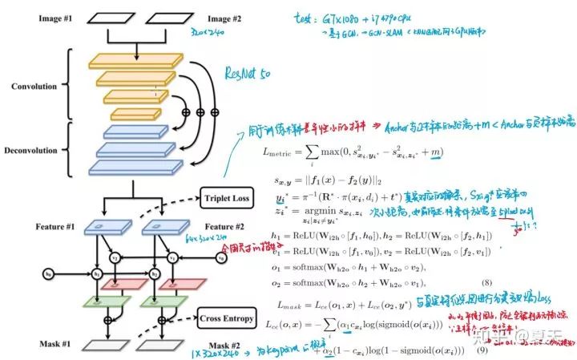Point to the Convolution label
pyautogui.click(x=35, y=87)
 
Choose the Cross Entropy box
pyautogui.click(x=227, y=320)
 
